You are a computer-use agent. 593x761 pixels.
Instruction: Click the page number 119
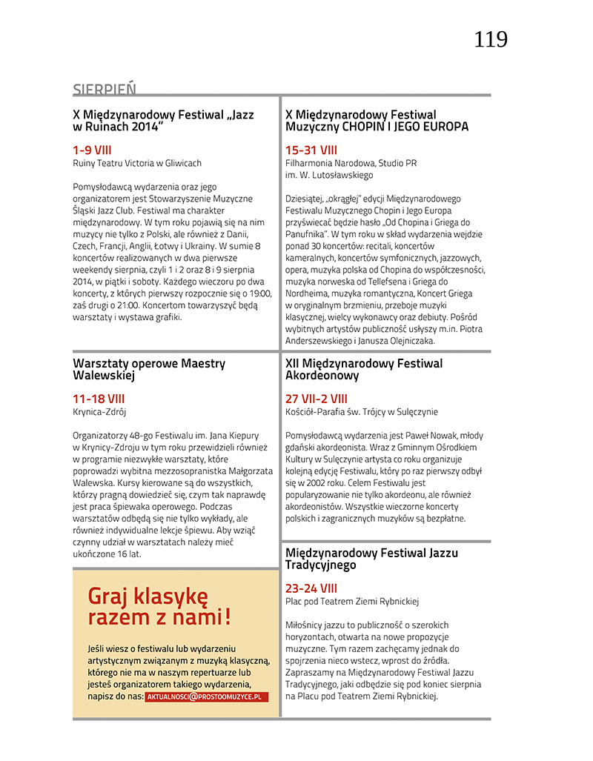point(491,39)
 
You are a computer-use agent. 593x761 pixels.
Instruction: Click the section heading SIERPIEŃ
point(105,90)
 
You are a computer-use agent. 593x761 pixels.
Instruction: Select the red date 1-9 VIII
point(92,150)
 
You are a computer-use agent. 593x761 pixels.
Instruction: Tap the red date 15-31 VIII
point(311,150)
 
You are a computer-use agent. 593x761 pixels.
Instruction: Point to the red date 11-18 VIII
point(99,399)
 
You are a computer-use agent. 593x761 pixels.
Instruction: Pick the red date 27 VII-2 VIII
point(317,399)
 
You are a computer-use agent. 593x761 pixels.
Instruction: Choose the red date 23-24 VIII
point(311,588)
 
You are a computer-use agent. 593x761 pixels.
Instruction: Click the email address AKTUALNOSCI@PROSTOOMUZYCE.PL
point(206,697)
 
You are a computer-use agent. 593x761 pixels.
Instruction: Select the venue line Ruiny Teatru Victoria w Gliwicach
point(137,163)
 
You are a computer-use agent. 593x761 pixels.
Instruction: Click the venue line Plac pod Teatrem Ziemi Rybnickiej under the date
point(352,602)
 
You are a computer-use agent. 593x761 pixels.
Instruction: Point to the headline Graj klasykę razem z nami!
point(159,606)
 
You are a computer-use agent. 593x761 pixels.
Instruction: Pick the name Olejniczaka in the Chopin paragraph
point(425,341)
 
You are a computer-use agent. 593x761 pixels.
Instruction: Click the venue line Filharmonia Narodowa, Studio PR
point(351,163)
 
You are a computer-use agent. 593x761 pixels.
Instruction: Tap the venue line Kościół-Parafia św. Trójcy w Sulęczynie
point(362,412)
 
